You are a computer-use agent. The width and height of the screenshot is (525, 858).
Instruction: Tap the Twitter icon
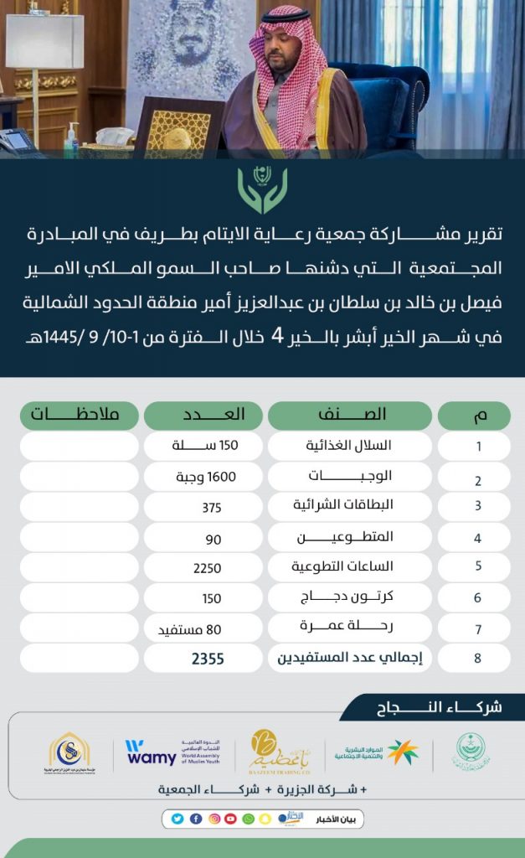(178, 819)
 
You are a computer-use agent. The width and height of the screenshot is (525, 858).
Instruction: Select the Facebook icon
(196, 819)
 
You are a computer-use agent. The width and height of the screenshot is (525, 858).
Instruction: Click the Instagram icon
(214, 819)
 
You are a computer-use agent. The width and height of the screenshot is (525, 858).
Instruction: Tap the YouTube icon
(230, 819)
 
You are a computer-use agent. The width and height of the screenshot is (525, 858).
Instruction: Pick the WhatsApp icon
(248, 819)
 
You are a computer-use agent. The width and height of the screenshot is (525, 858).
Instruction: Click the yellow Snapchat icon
(265, 819)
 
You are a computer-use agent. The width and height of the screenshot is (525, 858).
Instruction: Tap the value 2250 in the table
(206, 567)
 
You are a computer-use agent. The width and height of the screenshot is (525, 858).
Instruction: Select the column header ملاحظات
(79, 415)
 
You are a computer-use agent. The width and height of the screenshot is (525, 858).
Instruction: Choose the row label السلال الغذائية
(349, 446)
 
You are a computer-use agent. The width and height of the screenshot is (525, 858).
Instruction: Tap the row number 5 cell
(478, 566)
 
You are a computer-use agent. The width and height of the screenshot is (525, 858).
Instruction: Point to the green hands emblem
(262, 189)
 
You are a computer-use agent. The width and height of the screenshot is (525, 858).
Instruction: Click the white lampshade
(44, 41)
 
